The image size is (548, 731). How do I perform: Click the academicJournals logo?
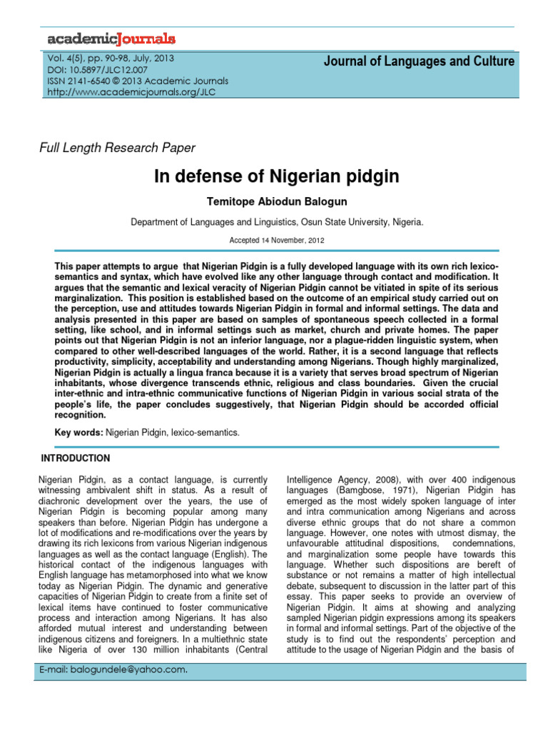coord(111,39)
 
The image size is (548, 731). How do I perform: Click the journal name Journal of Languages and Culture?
coord(419,61)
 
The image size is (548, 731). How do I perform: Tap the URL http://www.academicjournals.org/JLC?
coord(133,91)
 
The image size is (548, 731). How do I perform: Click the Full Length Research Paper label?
coord(116,148)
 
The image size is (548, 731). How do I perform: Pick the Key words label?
coord(78,433)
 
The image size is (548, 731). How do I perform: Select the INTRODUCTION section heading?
coord(76,458)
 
